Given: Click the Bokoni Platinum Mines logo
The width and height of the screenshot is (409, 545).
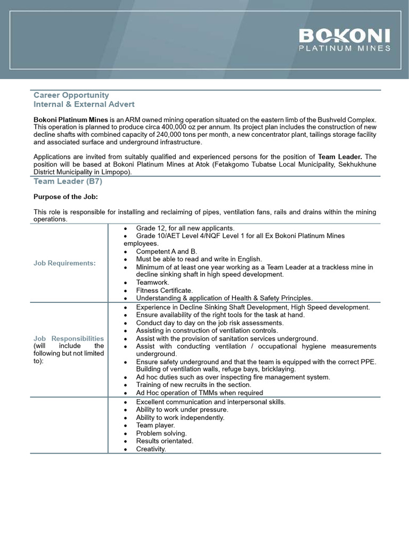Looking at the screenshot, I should (344, 40).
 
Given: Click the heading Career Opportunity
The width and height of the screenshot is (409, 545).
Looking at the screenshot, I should (71, 95).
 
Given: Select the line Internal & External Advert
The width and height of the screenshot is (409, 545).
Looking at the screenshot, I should (84, 104).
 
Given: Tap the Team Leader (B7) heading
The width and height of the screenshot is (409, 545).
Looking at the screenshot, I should (68, 181).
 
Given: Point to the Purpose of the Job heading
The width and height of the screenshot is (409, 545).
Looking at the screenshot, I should (66, 197).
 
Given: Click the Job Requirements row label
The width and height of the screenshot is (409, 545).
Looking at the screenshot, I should (64, 263).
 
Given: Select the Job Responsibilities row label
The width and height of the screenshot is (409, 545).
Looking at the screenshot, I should (69, 338).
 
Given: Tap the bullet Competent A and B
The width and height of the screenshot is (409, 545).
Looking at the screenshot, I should (166, 251).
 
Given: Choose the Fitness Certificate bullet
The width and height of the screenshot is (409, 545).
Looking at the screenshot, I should (164, 291).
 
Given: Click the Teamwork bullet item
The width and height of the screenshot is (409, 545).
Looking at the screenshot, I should (152, 283).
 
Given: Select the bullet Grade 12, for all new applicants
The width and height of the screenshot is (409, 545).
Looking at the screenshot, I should (185, 228).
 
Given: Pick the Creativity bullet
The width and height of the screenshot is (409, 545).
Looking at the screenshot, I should (151, 449).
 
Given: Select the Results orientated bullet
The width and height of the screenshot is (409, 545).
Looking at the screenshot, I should (164, 441).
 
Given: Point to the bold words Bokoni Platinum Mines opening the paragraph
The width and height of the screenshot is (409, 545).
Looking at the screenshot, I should (71, 120).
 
